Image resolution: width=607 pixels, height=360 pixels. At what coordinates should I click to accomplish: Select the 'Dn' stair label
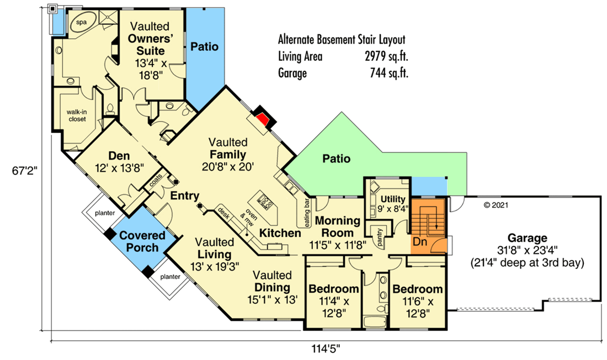click(420, 241)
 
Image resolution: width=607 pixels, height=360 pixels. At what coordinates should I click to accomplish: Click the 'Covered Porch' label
click(142, 241)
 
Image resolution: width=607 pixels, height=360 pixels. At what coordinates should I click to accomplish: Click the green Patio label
click(337, 159)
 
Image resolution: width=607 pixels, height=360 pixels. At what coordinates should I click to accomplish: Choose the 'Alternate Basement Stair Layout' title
click(342, 40)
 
